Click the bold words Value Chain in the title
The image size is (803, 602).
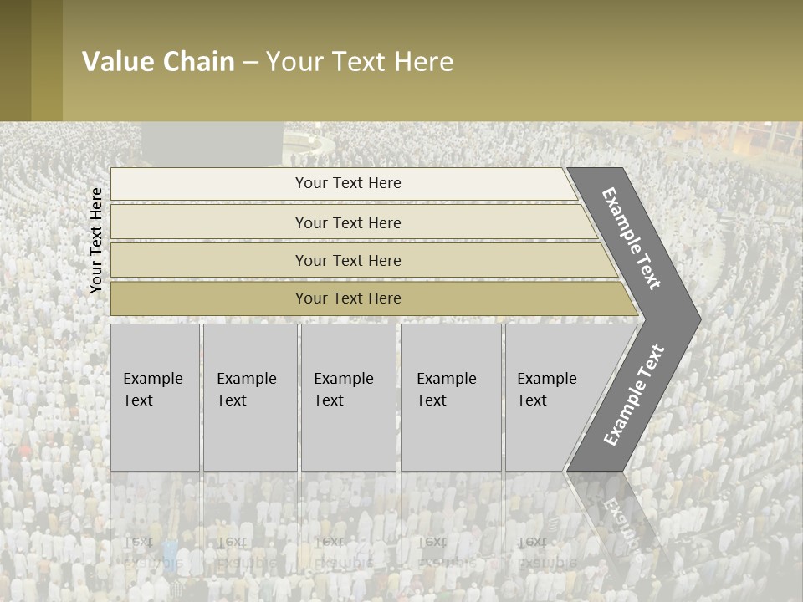point(158,62)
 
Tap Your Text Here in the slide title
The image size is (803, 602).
point(360,62)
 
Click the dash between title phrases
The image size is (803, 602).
point(250,63)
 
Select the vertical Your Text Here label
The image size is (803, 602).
point(96,240)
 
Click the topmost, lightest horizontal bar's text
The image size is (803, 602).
point(348,183)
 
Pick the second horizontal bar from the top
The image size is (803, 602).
point(348,222)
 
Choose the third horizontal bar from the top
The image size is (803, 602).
point(348,260)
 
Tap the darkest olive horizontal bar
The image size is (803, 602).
point(348,298)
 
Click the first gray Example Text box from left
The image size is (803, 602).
point(155,397)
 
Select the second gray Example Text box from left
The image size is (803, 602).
point(250,397)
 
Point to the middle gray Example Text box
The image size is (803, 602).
point(348,397)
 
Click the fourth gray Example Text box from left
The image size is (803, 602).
point(451,397)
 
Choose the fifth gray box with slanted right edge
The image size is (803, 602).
point(552,397)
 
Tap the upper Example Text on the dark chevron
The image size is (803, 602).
point(632,238)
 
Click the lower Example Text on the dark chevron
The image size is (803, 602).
point(633,395)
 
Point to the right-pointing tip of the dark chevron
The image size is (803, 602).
point(696,319)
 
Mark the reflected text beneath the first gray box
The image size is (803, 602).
point(151,552)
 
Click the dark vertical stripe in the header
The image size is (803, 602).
point(15,60)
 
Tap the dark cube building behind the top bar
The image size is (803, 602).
point(209,143)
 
